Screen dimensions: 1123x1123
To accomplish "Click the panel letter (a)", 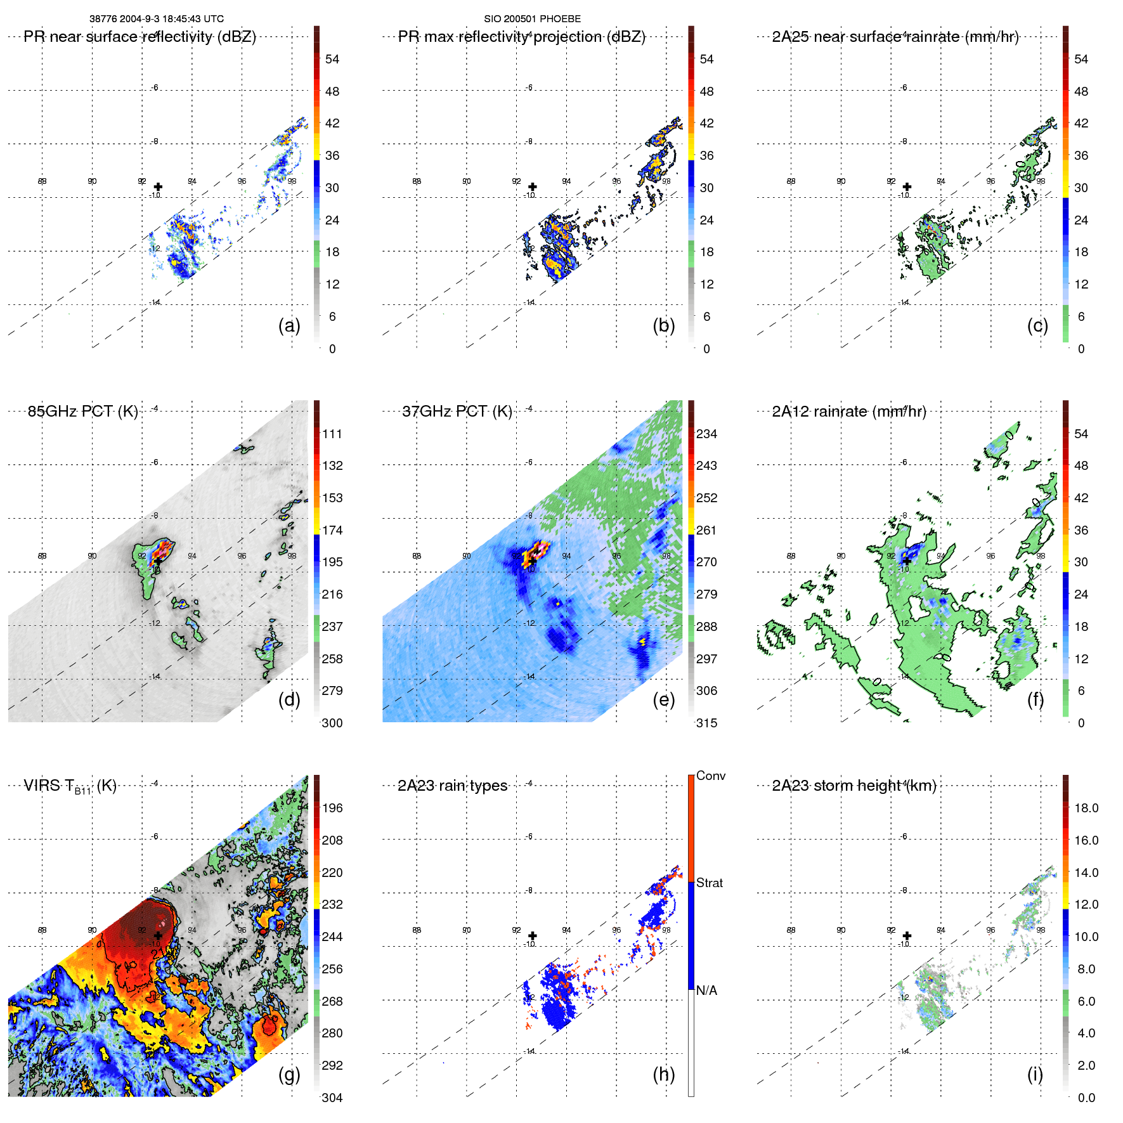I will tap(289, 325).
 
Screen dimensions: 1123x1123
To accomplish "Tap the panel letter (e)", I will tap(663, 699).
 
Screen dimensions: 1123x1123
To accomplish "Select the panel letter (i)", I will tap(1035, 1074).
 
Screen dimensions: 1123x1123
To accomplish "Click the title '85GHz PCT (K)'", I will tap(82, 411).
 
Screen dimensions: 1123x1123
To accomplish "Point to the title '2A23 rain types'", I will tap(452, 786).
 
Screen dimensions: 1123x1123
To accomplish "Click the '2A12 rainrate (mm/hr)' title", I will tap(849, 411).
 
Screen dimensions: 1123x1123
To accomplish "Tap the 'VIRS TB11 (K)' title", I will tap(70, 786).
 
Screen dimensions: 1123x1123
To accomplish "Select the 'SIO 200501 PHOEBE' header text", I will tap(532, 19).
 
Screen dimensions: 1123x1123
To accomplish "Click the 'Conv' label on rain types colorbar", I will tap(711, 776).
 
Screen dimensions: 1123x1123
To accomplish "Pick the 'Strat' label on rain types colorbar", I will tap(710, 883).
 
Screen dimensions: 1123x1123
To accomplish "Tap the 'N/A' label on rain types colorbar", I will tap(706, 990).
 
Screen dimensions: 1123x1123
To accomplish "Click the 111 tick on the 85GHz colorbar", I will tap(332, 434).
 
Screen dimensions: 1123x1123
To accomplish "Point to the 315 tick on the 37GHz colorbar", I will tap(706, 723).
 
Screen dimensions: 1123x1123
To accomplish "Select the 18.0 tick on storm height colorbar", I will tap(1086, 808).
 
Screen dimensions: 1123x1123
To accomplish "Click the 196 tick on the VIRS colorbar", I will tap(332, 808).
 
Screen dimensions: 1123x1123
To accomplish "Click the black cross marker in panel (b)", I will tap(533, 186).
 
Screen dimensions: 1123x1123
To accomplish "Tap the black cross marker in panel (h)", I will tap(533, 935).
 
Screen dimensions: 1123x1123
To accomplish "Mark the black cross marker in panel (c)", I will tap(907, 186).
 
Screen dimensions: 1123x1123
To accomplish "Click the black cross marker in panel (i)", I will tap(907, 935).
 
